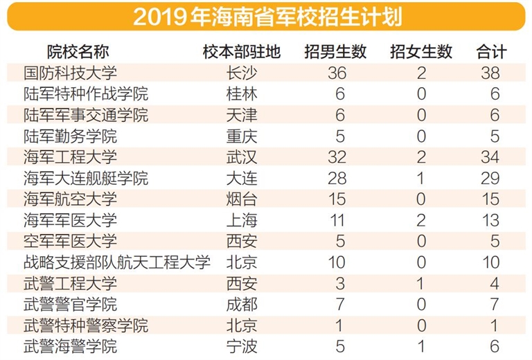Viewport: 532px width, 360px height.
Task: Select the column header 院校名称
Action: click(78, 52)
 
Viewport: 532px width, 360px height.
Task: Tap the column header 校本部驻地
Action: click(241, 52)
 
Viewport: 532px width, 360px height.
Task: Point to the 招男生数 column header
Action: click(336, 52)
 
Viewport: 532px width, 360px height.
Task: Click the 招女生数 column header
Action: click(421, 52)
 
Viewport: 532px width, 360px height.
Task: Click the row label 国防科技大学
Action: click(70, 73)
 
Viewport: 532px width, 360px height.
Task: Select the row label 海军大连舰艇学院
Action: click(86, 178)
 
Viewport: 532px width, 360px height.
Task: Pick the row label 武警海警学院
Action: click(70, 347)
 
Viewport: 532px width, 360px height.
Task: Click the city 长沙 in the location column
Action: click(242, 73)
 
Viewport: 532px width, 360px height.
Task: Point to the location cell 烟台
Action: click(242, 199)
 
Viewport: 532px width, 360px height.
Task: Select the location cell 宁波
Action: click(242, 347)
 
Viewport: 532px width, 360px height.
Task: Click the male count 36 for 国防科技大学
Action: click(337, 73)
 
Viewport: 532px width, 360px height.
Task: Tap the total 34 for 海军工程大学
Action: click(490, 157)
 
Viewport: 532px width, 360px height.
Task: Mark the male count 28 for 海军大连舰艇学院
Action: click(337, 178)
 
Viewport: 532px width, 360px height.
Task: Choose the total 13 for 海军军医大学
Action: click(490, 220)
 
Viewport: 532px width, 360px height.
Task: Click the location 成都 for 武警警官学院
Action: click(242, 305)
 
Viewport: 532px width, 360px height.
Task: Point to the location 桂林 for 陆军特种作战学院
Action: click(242, 93)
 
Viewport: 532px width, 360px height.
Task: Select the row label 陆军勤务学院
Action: click(70, 136)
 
